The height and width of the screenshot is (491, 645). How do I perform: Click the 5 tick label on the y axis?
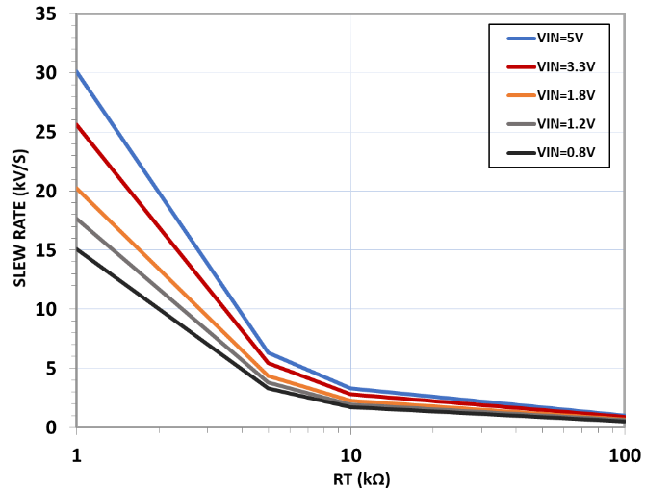[x=52, y=368]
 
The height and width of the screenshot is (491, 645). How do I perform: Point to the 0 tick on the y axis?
[x=52, y=426]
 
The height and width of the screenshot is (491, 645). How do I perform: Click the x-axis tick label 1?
[x=76, y=452]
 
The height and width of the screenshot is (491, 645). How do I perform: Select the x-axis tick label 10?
[x=350, y=452]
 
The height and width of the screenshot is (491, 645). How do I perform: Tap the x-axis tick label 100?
[x=624, y=452]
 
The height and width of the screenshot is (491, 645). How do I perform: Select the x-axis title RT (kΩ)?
[x=350, y=478]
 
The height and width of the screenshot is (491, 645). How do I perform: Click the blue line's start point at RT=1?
[x=76, y=71]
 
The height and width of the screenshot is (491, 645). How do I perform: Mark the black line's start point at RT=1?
[x=76, y=248]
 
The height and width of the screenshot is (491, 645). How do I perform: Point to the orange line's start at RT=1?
[x=76, y=188]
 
